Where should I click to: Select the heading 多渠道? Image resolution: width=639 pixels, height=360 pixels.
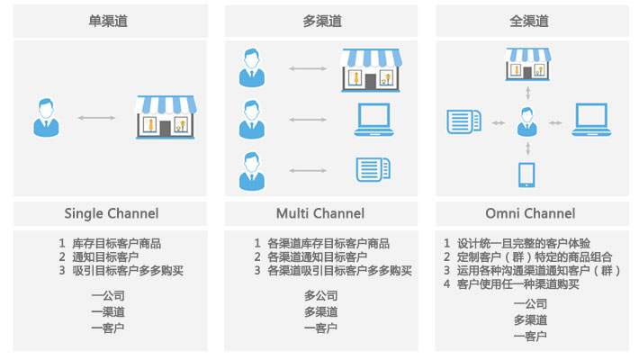coord(320,21)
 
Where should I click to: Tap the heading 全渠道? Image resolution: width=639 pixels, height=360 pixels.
coord(529,21)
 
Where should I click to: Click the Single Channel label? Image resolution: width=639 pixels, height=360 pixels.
coord(111,213)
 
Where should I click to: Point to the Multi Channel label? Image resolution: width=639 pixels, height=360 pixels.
coord(320,213)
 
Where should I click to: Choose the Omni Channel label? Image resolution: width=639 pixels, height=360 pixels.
coord(529,213)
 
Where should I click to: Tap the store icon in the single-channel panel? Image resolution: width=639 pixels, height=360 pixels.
coord(165,117)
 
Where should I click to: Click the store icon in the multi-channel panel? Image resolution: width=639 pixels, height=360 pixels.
coord(370,69)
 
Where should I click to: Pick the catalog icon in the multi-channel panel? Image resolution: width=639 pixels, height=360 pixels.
coord(372,168)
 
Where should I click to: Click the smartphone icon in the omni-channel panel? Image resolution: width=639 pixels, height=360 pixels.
coord(527,174)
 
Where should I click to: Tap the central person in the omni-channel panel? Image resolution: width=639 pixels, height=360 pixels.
coord(527,121)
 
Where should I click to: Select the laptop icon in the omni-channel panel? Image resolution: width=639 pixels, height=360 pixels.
coord(591,120)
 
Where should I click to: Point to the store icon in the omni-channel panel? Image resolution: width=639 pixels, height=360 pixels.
coord(527,66)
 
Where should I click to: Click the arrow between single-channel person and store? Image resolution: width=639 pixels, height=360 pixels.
coord(97,118)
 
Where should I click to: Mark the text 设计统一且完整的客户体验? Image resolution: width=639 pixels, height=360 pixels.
coord(523,243)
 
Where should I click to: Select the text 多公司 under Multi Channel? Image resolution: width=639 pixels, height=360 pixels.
coord(320,295)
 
